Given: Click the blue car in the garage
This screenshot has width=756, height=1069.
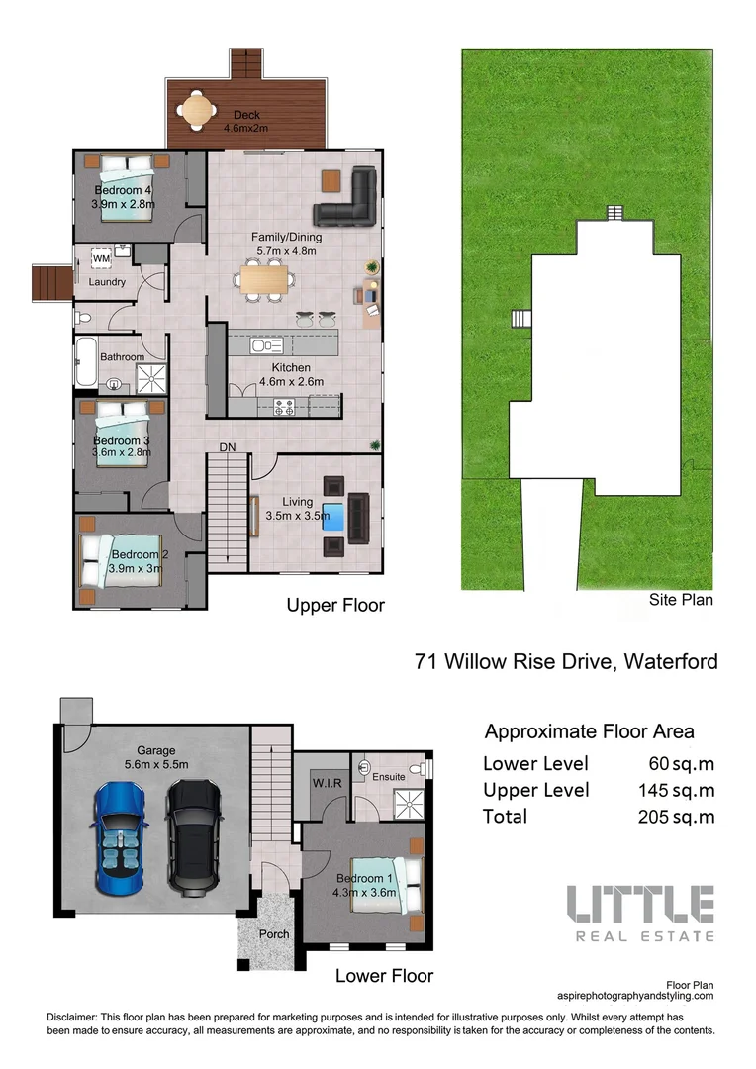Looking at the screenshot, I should [123, 836].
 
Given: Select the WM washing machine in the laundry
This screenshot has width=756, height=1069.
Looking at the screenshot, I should [101, 258].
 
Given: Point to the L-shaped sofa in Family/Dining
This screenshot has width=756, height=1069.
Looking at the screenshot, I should [349, 199].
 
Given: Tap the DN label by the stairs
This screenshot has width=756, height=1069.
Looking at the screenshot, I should [228, 448].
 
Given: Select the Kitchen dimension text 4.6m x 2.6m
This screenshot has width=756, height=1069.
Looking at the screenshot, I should [291, 381].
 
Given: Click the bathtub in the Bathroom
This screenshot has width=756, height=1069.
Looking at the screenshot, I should [84, 363].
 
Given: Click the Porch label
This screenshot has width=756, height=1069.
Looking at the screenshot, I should [274, 933].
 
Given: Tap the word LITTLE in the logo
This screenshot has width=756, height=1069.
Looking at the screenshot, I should [639, 904].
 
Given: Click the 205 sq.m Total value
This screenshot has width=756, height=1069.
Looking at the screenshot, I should [677, 817].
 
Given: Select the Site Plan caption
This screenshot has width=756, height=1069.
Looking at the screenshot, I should [681, 599].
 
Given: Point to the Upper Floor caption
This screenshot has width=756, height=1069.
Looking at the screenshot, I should [335, 605].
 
